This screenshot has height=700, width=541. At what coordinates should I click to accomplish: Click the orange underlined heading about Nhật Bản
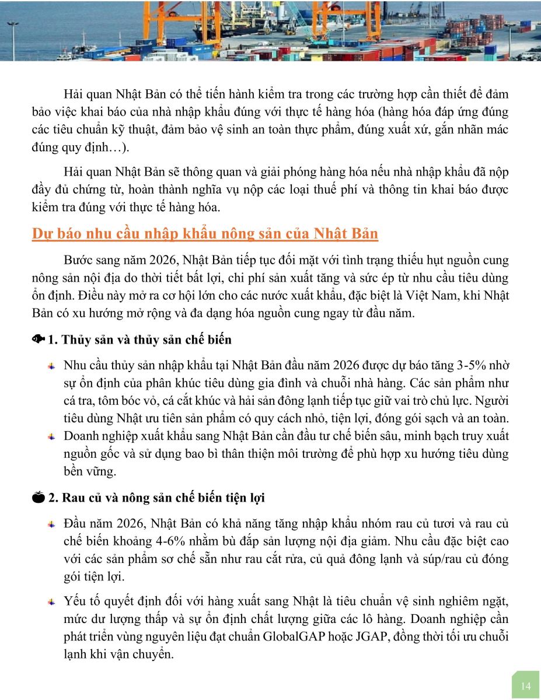click(205, 235)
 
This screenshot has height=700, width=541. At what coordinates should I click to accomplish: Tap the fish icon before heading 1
click(39, 339)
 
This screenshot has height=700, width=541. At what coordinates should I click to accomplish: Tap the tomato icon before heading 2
click(39, 498)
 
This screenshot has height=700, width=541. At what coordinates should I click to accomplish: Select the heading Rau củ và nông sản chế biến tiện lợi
click(164, 498)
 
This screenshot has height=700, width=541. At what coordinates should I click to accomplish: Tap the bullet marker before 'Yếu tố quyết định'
click(52, 601)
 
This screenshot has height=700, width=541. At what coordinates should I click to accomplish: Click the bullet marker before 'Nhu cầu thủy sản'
click(52, 366)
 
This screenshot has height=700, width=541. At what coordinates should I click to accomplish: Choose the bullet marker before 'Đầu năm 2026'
click(52, 524)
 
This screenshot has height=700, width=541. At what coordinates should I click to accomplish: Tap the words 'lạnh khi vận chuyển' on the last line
click(119, 654)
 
